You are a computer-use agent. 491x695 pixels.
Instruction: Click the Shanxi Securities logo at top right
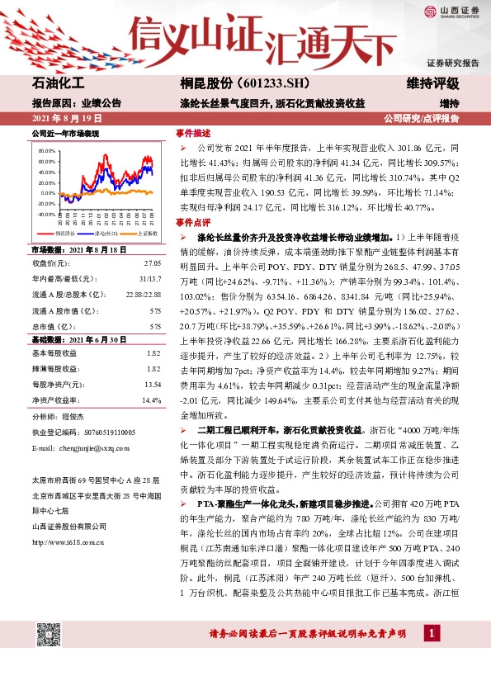click(x=451, y=11)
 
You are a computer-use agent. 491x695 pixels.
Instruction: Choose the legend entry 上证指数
click(x=141, y=234)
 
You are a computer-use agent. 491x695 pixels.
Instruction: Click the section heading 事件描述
click(x=193, y=133)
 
